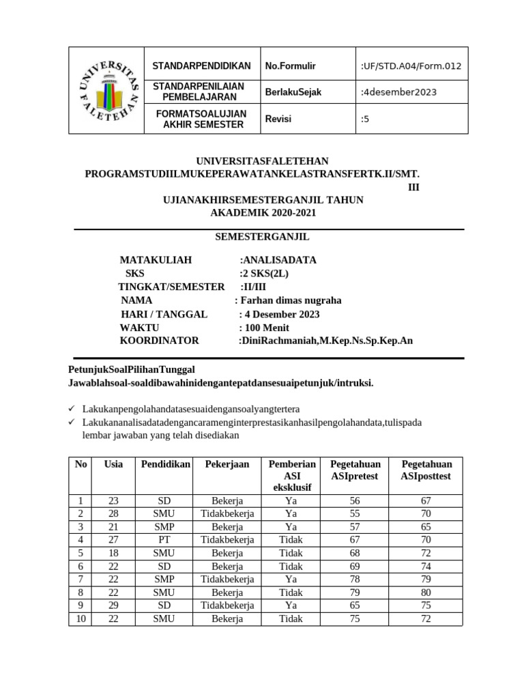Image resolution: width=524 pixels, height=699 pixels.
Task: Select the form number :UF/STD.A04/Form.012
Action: coord(411,66)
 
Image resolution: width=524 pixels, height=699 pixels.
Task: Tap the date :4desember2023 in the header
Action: coord(398,92)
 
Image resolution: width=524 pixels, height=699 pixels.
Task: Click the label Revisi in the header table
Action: coord(278,119)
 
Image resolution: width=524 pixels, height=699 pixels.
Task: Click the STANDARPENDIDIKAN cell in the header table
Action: coord(201,66)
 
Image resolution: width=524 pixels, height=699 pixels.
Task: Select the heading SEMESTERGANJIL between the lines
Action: coord(263,237)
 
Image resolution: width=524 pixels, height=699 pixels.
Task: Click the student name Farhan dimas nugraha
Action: coord(291,300)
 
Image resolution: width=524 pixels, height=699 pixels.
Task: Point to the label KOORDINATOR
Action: coord(160,341)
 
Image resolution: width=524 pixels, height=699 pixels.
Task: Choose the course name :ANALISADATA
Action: coord(278,260)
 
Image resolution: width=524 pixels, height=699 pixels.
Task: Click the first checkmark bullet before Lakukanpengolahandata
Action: coord(72,408)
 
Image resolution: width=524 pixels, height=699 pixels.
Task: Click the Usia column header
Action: coord(113,464)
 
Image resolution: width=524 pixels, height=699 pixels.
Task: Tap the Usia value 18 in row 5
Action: coord(113,552)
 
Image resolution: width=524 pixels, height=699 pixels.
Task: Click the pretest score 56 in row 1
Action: coord(355,500)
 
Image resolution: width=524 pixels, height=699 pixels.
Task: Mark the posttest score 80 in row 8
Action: coord(426,592)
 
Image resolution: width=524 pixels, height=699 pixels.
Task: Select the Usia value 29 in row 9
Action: coord(113,605)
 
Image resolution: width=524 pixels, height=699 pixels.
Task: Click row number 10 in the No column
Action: coord(81,618)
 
